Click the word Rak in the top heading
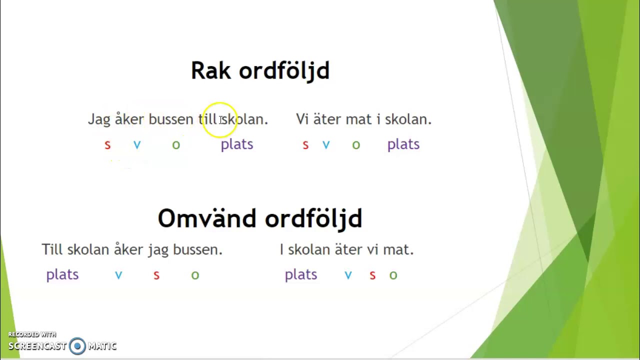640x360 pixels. point(211,70)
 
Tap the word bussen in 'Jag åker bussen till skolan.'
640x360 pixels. point(171,119)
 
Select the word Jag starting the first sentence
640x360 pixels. point(99,119)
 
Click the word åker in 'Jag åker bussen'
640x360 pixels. point(129,118)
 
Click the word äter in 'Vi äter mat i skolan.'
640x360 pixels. point(327,119)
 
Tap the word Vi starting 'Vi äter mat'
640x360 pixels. point(302,119)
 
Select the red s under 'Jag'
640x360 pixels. point(107,145)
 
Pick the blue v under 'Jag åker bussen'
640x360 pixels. point(137,145)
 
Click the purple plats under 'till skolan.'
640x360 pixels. point(237,144)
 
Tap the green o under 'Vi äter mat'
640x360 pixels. point(356,145)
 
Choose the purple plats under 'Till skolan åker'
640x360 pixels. point(62,275)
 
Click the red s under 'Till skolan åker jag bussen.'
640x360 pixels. point(156,275)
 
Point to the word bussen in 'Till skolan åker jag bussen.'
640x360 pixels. point(197,249)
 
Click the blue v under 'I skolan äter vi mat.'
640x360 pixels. point(348,275)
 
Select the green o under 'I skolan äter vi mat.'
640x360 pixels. point(393,275)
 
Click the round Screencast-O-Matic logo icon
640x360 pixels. point(77,346)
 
